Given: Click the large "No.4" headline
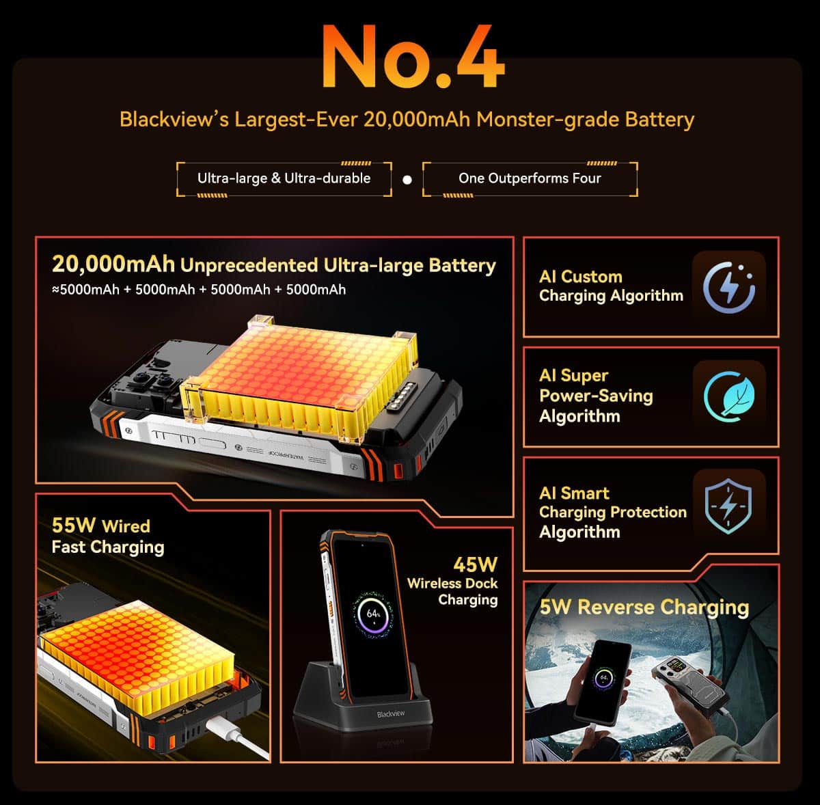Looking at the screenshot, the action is click(x=413, y=56).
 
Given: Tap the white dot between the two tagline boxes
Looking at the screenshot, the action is click(x=407, y=180).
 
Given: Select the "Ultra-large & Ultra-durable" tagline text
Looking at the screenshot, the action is click(x=284, y=178).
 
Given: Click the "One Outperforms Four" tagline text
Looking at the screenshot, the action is click(x=530, y=178).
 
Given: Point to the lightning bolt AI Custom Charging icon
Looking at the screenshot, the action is click(x=729, y=288).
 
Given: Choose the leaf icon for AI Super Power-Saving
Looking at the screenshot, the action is click(x=729, y=397).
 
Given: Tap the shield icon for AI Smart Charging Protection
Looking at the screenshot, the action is click(x=728, y=506).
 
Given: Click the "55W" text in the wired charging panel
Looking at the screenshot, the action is click(x=73, y=526).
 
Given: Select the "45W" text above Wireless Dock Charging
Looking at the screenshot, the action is click(x=476, y=565).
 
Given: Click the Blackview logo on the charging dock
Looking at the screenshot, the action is click(x=391, y=714).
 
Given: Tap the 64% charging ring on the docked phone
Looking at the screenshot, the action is click(x=373, y=614).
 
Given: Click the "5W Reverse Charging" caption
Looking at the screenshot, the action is click(x=644, y=607).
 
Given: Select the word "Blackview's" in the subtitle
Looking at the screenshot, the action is click(x=174, y=120).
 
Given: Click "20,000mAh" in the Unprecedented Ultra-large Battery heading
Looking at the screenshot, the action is click(x=113, y=264).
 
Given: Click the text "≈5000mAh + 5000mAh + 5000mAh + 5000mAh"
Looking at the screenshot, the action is click(x=199, y=290).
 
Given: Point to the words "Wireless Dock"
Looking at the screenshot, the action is click(x=452, y=583).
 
